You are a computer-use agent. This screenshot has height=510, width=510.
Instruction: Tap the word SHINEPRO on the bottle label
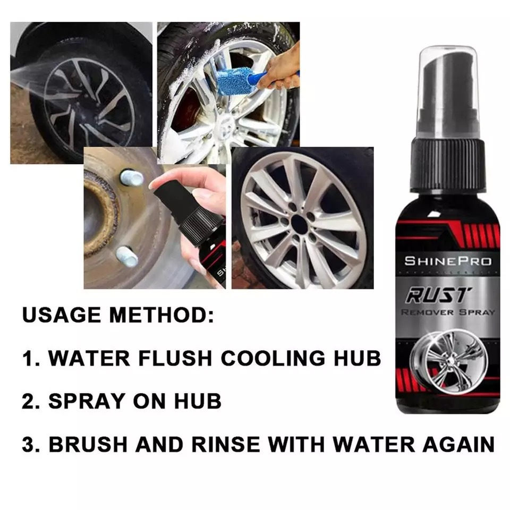pos(448,261)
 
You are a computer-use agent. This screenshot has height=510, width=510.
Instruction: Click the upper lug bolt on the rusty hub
pos(131,177)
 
